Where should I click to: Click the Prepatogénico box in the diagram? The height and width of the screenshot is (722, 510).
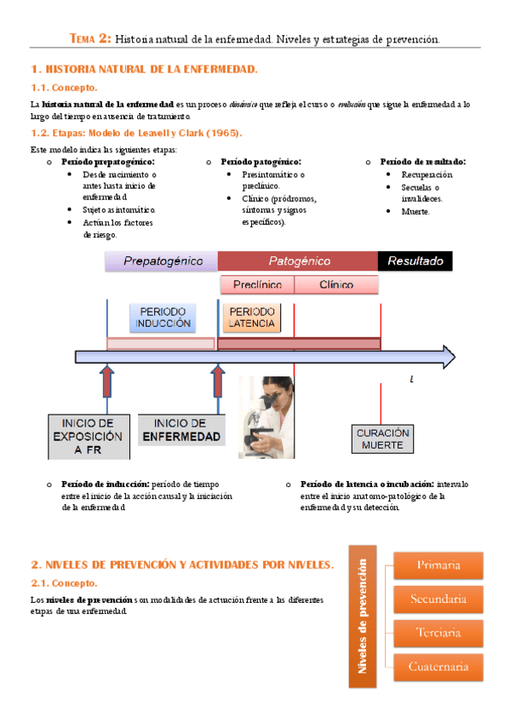pyautogui.click(x=161, y=261)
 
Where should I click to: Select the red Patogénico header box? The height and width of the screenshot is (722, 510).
pyautogui.click(x=298, y=261)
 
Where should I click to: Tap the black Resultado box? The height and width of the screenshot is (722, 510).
pyautogui.click(x=415, y=261)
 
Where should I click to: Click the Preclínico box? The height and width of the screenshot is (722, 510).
pyautogui.click(x=256, y=284)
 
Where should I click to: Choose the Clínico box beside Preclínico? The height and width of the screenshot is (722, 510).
pyautogui.click(x=336, y=284)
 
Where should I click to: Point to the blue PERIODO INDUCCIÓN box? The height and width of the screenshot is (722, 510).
pyautogui.click(x=163, y=318)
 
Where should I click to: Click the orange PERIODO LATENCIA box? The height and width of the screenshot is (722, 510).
pyautogui.click(x=252, y=318)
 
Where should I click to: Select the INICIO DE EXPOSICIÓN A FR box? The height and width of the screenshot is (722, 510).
pyautogui.click(x=88, y=436)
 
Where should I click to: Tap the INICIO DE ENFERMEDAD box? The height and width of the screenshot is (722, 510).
pyautogui.click(x=181, y=430)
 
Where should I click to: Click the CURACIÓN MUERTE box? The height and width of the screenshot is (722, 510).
pyautogui.click(x=382, y=438)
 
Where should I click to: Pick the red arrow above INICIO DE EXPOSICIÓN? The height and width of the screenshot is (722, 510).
pyautogui.click(x=106, y=382)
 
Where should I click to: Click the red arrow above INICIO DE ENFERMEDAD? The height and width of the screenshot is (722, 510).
pyautogui.click(x=218, y=382)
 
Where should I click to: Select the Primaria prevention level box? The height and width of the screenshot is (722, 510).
pyautogui.click(x=438, y=565)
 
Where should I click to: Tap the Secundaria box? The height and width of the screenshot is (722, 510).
pyautogui.click(x=438, y=599)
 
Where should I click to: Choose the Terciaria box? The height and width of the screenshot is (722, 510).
pyautogui.click(x=438, y=633)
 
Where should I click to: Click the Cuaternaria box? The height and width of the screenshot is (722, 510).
pyautogui.click(x=438, y=667)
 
